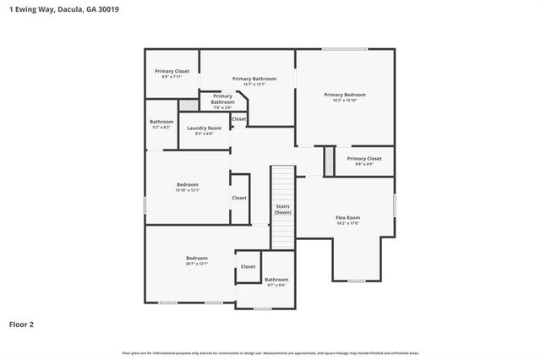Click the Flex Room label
(347, 217)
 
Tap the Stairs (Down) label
(282, 209)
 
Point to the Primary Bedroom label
(345, 95)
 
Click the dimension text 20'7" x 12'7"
(197, 264)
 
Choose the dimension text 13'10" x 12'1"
(187, 190)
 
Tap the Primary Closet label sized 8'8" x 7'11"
(172, 71)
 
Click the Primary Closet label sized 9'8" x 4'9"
(364, 158)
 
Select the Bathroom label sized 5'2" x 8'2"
(161, 122)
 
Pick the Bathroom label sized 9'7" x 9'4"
(276, 279)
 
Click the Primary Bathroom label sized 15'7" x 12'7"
(254, 79)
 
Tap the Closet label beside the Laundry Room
(239, 119)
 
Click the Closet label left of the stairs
(239, 198)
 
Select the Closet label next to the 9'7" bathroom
(248, 266)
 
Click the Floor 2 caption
(21, 324)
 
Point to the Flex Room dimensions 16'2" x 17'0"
(347, 223)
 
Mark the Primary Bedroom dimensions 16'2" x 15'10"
(345, 101)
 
